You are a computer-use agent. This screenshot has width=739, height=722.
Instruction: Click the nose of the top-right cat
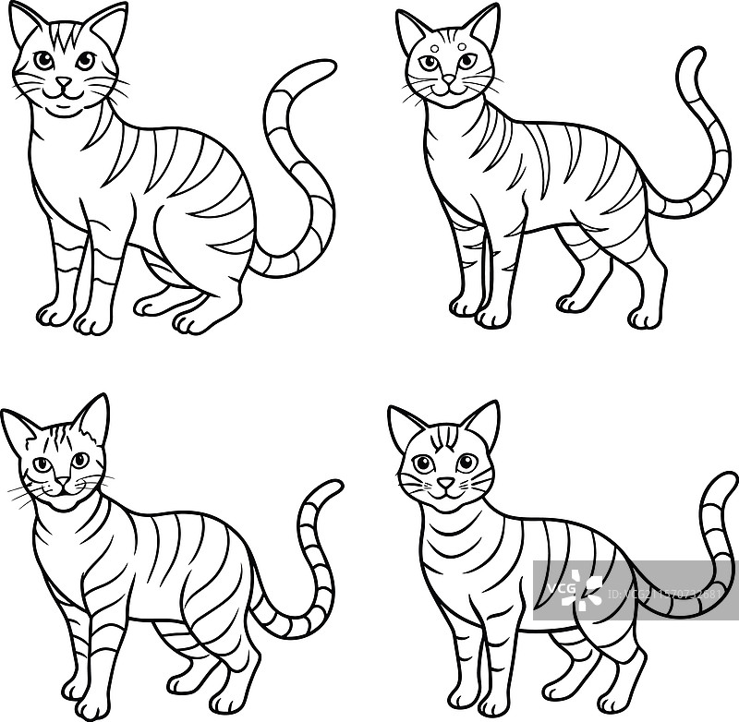[x=447, y=80]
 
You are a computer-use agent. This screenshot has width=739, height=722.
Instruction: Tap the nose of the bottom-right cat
[x=445, y=483]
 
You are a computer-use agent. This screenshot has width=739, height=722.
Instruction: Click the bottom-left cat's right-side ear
[x=92, y=417]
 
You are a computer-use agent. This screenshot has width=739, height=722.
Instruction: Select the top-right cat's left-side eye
[x=428, y=63]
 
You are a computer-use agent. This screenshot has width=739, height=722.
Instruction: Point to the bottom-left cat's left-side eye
[x=41, y=463]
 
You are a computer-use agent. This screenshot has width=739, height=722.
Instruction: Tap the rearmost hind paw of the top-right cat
[x=644, y=317]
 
